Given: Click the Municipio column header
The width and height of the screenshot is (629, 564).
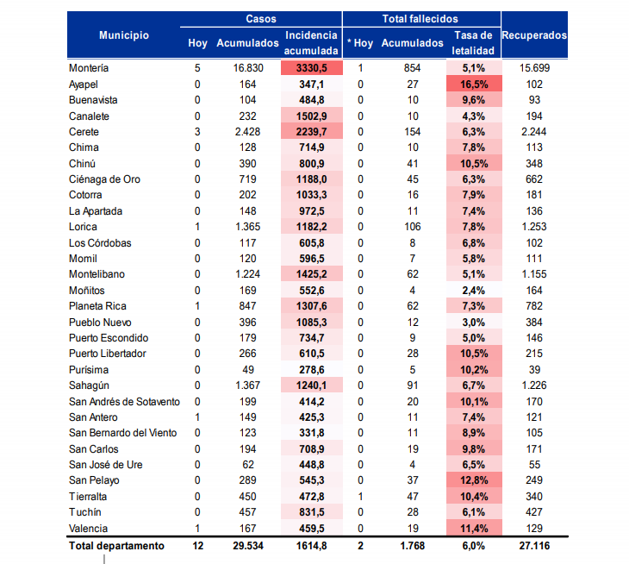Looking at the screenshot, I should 123,35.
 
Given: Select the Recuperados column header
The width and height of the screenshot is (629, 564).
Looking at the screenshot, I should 534,35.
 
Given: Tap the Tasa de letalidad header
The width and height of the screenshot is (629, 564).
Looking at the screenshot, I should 472,42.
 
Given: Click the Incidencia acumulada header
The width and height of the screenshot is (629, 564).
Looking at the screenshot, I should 311,42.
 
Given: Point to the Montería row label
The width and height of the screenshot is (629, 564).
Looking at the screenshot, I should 89,67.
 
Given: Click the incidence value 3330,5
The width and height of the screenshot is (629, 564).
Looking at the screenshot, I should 311,67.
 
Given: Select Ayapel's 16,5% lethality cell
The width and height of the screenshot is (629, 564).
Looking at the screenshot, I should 472,84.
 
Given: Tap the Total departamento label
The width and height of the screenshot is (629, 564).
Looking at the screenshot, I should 116,546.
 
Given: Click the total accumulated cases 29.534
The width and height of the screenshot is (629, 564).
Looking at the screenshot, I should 249,546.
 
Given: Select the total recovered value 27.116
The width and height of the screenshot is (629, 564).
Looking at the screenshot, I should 535,546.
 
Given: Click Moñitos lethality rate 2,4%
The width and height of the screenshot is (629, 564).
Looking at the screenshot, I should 472,291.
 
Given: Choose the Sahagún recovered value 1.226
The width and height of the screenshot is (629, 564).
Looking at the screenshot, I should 534,385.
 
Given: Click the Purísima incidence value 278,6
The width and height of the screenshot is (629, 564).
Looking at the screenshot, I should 311,370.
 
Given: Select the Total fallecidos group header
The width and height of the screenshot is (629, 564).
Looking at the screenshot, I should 420,18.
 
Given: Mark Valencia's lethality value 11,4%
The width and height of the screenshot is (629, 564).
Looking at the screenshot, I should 472,528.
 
